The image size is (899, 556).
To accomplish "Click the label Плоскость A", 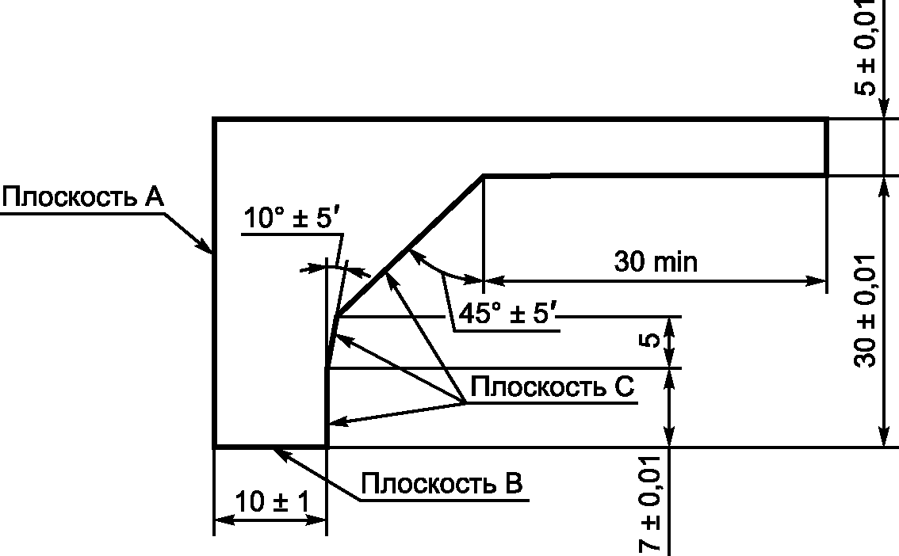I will pos(82,196).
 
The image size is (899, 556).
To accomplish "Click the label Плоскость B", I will pos(442,482).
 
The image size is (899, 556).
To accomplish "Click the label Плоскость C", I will pos(552,387).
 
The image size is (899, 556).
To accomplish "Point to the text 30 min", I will pos(656,261).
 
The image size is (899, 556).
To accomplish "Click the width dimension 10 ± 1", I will pos(270,501).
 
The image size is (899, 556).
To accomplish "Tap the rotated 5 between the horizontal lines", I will pos(649,341).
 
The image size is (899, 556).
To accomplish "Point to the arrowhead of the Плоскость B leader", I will pos(278,451).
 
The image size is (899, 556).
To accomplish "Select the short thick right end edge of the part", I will pos(827,147).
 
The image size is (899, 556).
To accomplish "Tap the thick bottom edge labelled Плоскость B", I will pos(270,447).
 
